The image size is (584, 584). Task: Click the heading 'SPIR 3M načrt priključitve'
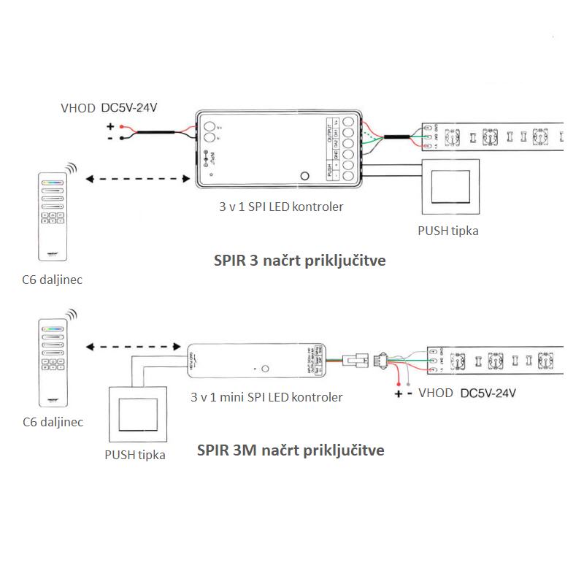291,450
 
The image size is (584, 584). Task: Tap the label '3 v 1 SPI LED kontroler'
280,207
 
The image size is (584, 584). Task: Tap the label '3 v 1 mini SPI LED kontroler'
266,398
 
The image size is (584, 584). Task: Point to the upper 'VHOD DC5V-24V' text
109,108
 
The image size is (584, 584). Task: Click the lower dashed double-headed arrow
134,347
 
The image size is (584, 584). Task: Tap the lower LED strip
496,359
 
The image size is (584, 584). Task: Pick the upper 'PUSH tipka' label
448,231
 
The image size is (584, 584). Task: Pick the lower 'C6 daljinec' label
53,422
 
